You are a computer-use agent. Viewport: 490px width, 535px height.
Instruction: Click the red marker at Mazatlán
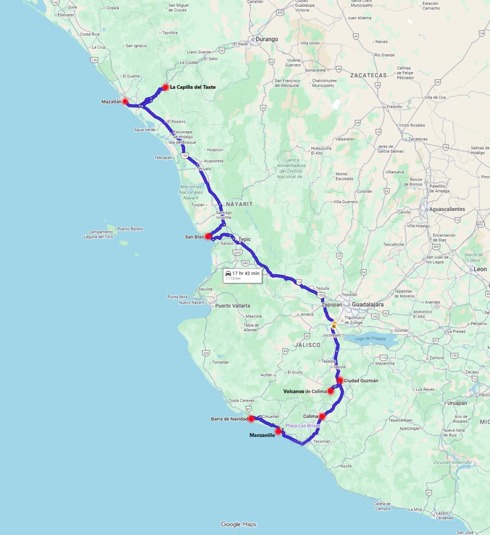125,101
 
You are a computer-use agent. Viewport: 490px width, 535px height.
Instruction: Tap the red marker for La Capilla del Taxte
165,87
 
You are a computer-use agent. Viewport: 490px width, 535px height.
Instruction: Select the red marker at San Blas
208,236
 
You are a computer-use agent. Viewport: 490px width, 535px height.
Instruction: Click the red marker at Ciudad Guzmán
340,380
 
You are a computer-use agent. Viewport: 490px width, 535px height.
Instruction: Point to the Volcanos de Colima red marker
331,391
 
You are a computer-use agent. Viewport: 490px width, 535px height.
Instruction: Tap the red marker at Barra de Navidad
251,418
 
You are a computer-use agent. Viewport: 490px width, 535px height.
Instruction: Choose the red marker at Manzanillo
278,432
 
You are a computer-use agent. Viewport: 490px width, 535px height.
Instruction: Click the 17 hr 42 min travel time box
242,275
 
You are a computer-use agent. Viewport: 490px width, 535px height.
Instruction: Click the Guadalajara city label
368,304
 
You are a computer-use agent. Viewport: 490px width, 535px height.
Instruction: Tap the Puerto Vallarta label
232,306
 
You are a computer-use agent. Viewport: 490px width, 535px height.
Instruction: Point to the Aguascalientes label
447,209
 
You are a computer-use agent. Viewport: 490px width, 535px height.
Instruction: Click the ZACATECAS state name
368,75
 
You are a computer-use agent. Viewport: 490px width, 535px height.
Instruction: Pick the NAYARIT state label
239,204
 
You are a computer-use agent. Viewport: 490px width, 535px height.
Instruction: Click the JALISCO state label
307,345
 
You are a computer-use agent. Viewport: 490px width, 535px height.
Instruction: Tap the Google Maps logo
238,524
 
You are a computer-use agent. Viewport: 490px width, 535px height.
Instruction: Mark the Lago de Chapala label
370,339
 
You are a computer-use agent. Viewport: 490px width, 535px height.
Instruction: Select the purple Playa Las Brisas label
302,426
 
